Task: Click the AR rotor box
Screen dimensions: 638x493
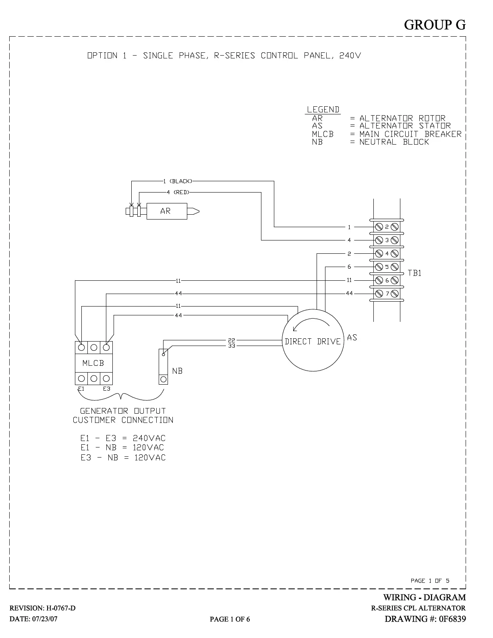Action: [x=166, y=211]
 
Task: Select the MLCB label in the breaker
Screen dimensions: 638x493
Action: [x=93, y=363]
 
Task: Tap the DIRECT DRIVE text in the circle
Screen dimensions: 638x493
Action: [x=313, y=342]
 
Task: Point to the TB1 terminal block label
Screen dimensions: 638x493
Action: [x=414, y=273]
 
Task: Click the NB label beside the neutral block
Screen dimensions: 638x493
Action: [x=177, y=371]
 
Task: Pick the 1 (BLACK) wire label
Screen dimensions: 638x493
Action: [x=178, y=181]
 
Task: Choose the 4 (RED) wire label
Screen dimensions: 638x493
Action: [x=178, y=193]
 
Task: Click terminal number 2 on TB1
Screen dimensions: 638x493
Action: [x=387, y=227]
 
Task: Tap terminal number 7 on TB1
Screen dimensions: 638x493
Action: [x=387, y=294]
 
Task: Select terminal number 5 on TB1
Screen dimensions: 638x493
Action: [x=387, y=267]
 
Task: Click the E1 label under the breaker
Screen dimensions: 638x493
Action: [x=81, y=389]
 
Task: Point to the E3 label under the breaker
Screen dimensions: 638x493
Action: [x=106, y=389]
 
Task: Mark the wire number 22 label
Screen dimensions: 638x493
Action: [x=231, y=341]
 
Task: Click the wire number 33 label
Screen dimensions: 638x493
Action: [x=231, y=346]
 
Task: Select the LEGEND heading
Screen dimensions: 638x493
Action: [x=323, y=110]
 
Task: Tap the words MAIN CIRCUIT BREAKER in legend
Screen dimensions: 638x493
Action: [x=410, y=134]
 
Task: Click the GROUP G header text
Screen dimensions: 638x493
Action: [x=435, y=25]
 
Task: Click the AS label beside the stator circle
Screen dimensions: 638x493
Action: [x=352, y=338]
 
